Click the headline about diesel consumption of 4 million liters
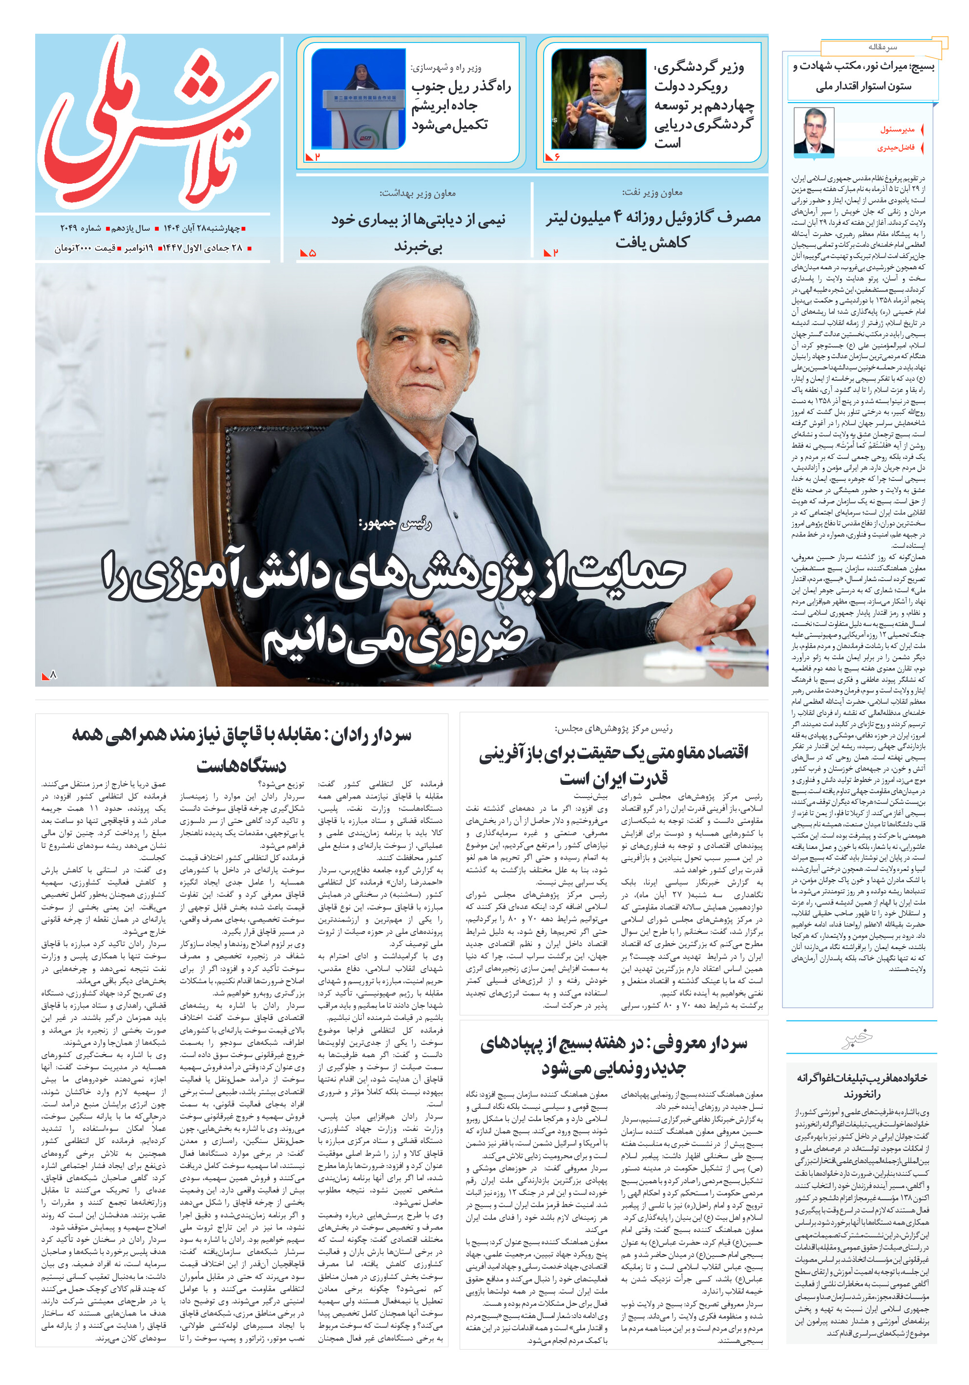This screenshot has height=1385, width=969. point(653,229)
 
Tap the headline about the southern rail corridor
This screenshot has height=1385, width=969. point(461,106)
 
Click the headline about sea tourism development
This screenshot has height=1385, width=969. point(703,106)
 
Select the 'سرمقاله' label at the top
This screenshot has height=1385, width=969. point(882,47)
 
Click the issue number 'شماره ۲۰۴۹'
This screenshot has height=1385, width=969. point(80,229)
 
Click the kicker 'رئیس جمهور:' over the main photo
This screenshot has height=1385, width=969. point(395,523)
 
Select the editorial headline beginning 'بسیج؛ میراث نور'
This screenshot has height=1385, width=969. point(863,76)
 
